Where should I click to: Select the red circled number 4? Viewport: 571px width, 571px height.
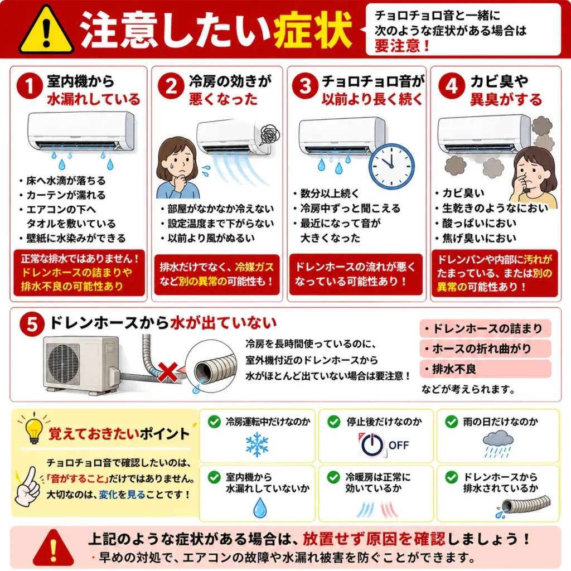click(x=452, y=86)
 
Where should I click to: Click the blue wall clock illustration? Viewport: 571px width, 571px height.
click(x=391, y=166)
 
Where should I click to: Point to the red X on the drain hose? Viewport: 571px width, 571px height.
click(x=167, y=372)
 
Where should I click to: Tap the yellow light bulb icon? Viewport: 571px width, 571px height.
click(x=34, y=430)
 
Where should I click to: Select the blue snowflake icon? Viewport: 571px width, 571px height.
click(x=257, y=444)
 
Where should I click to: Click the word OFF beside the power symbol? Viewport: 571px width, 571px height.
click(x=398, y=445)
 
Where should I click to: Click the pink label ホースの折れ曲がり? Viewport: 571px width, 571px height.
click(x=486, y=349)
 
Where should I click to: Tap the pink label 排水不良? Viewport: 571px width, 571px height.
click(x=486, y=369)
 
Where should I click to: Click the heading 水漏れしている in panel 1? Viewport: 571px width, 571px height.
click(x=94, y=99)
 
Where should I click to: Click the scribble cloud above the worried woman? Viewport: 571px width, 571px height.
click(x=270, y=134)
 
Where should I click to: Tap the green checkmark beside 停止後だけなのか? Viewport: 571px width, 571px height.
click(x=333, y=422)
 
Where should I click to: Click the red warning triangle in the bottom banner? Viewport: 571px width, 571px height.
click(x=53, y=548)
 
